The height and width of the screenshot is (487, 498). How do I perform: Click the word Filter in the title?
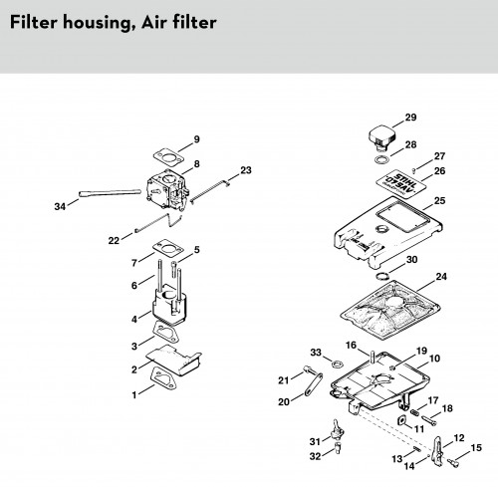click(x=34, y=22)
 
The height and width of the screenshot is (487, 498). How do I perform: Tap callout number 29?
click(x=410, y=118)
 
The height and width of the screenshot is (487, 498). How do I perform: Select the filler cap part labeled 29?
click(x=382, y=137)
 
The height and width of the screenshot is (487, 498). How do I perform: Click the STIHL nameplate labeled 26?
click(x=397, y=183)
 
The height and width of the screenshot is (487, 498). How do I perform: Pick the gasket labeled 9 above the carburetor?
click(x=169, y=157)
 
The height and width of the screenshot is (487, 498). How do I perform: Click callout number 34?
click(x=60, y=206)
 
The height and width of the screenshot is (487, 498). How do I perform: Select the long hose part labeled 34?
click(x=110, y=193)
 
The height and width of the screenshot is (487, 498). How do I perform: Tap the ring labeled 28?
click(x=381, y=159)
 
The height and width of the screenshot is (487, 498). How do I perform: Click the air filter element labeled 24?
click(x=389, y=310)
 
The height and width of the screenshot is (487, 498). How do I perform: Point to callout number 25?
click(x=439, y=200)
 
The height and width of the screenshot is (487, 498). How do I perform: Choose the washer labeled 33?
click(x=337, y=364)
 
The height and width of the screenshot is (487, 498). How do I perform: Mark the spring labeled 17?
click(x=414, y=412)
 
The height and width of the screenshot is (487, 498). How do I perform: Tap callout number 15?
click(x=476, y=448)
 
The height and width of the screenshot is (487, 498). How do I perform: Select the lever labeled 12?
click(x=437, y=449)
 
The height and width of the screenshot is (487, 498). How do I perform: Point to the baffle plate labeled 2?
click(x=174, y=360)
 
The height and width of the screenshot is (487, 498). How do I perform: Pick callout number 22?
click(x=114, y=240)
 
